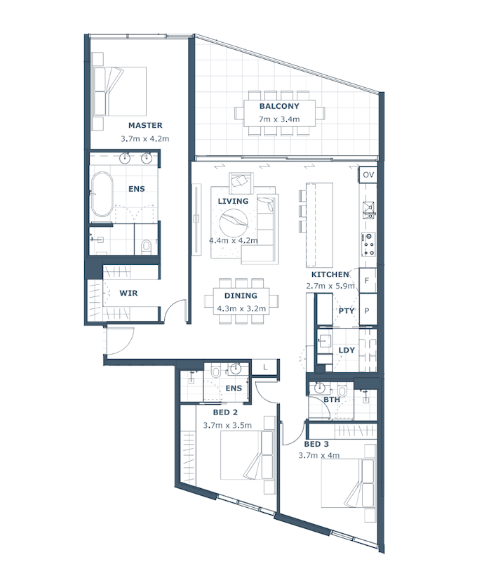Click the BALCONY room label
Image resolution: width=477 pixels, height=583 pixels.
(x=279, y=106)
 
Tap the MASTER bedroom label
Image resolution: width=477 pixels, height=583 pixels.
(x=145, y=125)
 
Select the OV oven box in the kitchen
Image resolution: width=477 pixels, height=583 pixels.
(x=368, y=175)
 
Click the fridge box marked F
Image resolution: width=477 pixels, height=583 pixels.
(x=368, y=280)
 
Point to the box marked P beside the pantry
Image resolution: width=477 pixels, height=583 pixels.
(x=368, y=310)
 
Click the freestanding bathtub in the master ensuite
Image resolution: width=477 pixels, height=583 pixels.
(x=102, y=194)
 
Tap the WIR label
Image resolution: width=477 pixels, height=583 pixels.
(x=128, y=293)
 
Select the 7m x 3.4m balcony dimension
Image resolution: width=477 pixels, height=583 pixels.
(x=279, y=119)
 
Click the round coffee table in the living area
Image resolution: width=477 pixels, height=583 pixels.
(x=234, y=223)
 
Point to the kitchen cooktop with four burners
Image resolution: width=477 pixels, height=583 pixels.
(x=368, y=244)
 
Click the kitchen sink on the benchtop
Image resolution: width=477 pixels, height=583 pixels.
(x=368, y=210)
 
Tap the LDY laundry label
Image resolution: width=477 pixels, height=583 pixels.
(x=347, y=351)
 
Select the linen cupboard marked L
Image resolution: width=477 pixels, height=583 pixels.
(x=265, y=367)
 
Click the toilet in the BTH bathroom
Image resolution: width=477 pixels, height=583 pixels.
(x=342, y=391)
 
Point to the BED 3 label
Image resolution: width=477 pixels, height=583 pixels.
(x=316, y=444)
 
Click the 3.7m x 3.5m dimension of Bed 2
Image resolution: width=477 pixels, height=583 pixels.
(x=227, y=426)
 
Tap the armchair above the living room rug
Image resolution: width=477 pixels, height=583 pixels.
(x=241, y=182)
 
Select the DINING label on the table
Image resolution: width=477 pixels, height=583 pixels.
(x=241, y=296)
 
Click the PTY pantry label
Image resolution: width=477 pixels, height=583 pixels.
(x=347, y=310)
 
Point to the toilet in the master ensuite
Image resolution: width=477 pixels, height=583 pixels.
(x=146, y=247)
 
